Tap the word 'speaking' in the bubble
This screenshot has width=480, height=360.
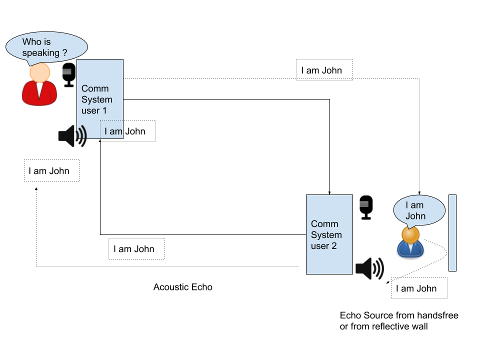tap(41, 52)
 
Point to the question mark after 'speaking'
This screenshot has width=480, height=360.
tap(64, 52)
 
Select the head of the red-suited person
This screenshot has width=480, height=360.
tap(39, 72)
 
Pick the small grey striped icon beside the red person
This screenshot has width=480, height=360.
tap(66, 71)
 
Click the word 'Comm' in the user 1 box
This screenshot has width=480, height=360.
tap(94, 88)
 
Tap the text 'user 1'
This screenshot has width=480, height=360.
tap(94, 110)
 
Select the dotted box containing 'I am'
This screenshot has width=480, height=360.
tap(112, 129)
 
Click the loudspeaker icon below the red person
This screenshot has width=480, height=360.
tap(71, 135)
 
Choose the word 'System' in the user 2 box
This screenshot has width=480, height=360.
tap(326, 235)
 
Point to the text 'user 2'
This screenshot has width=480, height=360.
tap(324, 246)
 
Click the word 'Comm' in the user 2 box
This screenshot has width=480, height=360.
tap(324, 224)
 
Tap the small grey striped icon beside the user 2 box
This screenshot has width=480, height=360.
tap(364, 204)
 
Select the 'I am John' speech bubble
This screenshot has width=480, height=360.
tap(419, 210)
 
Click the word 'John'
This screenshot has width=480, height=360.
tap(415, 216)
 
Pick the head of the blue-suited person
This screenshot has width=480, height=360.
tap(410, 234)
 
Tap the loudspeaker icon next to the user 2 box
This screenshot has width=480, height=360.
tap(369, 268)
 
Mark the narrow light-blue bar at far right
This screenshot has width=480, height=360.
tap(452, 233)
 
